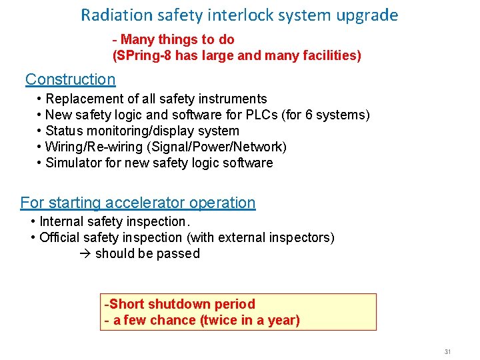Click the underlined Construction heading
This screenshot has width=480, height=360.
point(70,79)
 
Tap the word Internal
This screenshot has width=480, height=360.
point(63,221)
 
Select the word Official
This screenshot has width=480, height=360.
point(63,237)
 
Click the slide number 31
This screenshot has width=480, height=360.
point(447,351)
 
